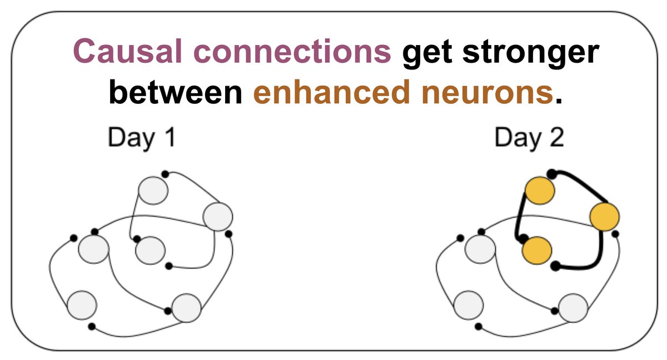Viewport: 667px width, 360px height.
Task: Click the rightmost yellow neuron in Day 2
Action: coord(604,217)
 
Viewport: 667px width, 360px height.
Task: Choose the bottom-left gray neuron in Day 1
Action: coord(82,304)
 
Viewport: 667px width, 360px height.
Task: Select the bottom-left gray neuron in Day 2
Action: coord(468,304)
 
